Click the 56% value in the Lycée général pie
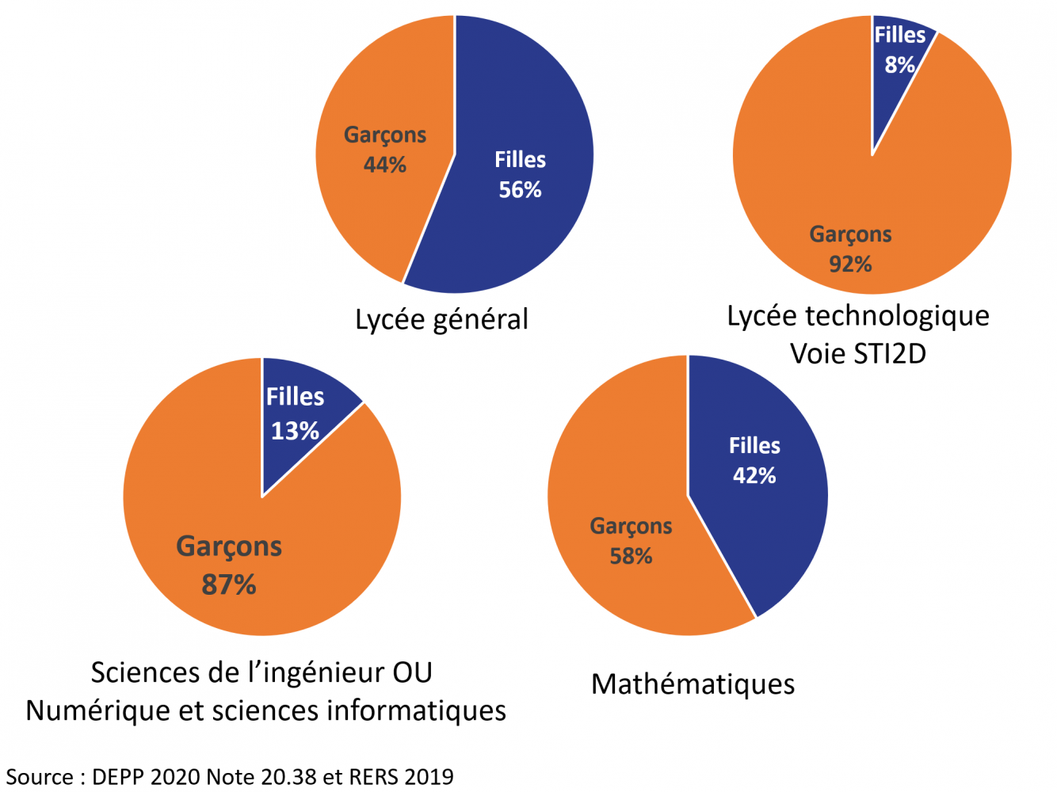(x=520, y=190)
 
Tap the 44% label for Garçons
(x=385, y=165)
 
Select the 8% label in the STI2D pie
(x=899, y=65)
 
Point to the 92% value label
(x=850, y=264)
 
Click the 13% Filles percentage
(x=295, y=431)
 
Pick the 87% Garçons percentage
(x=229, y=584)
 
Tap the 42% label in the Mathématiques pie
(x=754, y=475)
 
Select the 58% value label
(x=631, y=556)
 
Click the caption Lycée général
(x=441, y=319)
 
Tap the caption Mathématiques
(x=693, y=683)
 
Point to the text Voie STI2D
(x=858, y=353)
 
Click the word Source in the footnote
(x=40, y=776)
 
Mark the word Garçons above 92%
(x=850, y=234)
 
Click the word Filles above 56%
(x=520, y=160)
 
